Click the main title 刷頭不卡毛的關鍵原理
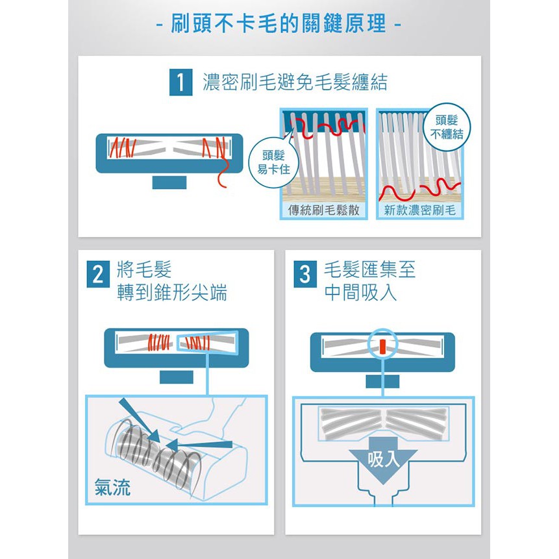pyautogui.click(x=279, y=23)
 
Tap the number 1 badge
pyautogui.click(x=180, y=82)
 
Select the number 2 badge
pyautogui.click(x=98, y=274)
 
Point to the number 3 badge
pyautogui.click(x=304, y=274)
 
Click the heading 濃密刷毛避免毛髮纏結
pyautogui.click(x=295, y=82)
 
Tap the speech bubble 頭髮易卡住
pyautogui.click(x=273, y=162)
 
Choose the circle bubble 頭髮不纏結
pyautogui.click(x=447, y=127)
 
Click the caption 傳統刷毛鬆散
pyautogui.click(x=324, y=210)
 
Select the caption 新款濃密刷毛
pyautogui.click(x=420, y=210)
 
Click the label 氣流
pyautogui.click(x=113, y=488)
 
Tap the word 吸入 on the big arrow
pyautogui.click(x=383, y=459)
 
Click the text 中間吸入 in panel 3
pyautogui.click(x=360, y=293)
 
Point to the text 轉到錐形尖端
pyautogui.click(x=172, y=293)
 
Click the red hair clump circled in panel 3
pyautogui.click(x=382, y=347)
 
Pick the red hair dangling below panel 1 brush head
pyautogui.click(x=223, y=173)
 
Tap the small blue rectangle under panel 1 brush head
pyautogui.click(x=169, y=182)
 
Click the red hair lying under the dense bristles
pyautogui.click(x=419, y=191)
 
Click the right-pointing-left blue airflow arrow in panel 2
pyautogui.click(x=199, y=445)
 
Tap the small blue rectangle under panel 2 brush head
pyautogui.click(x=177, y=377)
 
